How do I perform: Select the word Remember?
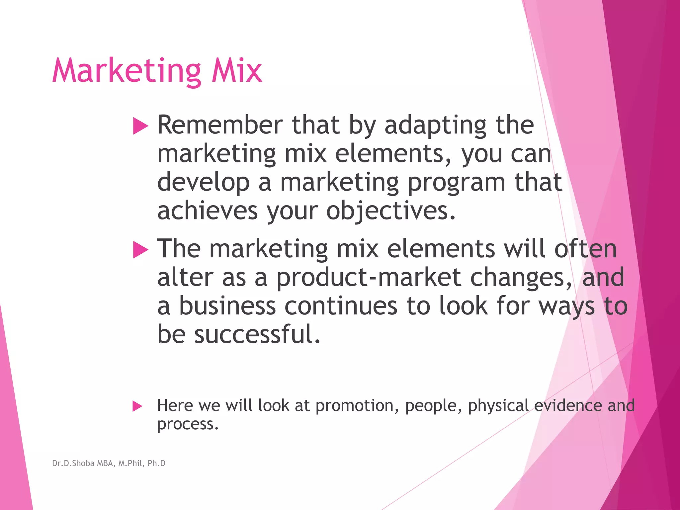tap(220, 125)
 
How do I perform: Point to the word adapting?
tap(435, 126)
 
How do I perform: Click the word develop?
tap(203, 183)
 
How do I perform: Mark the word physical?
tap(498, 406)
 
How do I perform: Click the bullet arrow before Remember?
tap(140, 126)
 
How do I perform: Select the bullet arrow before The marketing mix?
tap(140, 250)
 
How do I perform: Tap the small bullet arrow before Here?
tap(137, 406)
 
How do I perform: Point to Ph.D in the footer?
tap(156, 463)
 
